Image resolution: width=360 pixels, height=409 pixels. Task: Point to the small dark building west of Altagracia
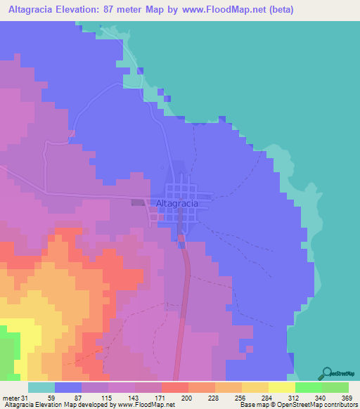click(x=138, y=203)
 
